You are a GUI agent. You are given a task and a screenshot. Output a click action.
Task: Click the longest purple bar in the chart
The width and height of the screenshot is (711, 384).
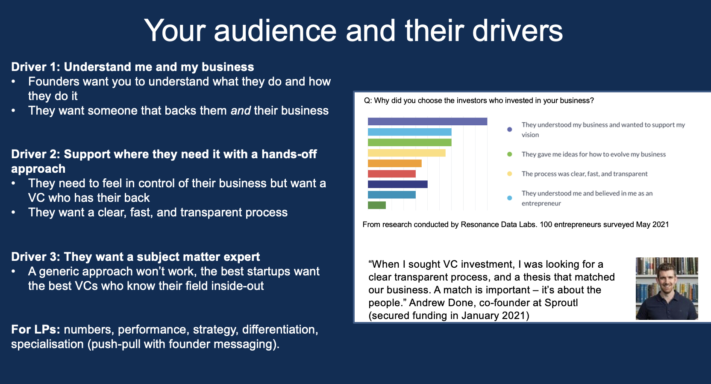point(427,121)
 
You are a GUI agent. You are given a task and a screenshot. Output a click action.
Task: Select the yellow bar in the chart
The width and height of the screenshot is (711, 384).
point(407,153)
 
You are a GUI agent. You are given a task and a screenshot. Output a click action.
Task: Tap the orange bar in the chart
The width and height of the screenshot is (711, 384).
point(394,163)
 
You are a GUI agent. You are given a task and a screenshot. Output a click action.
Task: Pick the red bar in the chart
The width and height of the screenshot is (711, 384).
point(392,174)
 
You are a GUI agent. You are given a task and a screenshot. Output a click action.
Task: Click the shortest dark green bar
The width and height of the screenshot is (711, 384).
point(377,205)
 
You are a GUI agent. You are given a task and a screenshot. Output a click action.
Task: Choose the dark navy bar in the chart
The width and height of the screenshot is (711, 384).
point(398,184)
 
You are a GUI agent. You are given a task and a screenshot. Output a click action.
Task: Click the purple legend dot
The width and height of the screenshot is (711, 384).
point(509,129)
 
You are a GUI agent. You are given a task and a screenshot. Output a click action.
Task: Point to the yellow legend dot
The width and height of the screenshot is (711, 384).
point(509,174)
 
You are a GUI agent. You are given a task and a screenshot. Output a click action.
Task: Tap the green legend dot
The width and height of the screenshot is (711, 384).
point(509,154)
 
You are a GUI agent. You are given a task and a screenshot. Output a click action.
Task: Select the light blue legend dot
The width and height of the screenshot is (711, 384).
point(509,198)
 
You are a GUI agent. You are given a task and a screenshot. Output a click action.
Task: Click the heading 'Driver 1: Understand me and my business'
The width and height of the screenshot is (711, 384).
point(132,67)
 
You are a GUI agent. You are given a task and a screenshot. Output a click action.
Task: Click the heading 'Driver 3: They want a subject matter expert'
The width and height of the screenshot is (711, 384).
point(135,257)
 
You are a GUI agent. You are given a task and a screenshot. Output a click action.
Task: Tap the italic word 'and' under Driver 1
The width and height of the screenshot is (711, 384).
point(241,110)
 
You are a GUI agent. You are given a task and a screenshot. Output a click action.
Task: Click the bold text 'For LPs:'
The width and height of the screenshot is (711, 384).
point(35,329)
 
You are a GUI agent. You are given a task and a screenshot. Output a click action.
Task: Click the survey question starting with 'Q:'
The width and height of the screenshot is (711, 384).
point(479,100)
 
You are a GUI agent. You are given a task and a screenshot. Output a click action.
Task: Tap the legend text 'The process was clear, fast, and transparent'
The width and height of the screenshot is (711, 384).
point(585,174)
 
